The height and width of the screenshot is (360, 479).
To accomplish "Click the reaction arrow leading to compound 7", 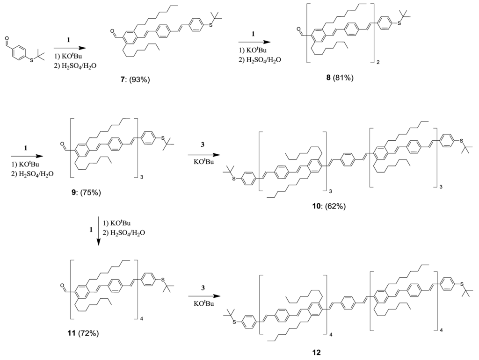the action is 70,48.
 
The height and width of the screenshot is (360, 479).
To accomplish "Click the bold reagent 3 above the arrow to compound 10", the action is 202,146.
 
